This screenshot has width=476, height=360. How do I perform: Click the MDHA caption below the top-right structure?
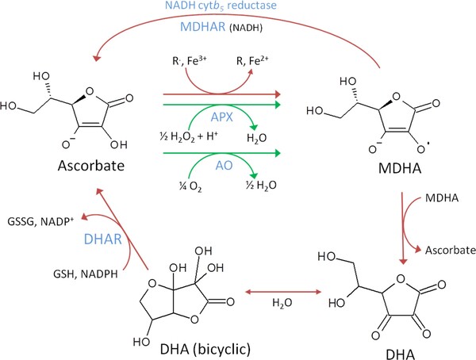point(367,173)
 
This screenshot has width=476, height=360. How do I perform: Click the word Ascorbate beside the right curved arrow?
point(449,249)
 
